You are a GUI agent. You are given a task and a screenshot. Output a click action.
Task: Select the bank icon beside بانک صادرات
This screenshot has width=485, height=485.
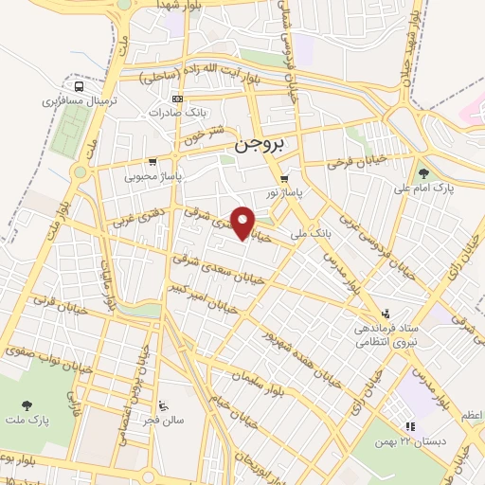[176, 98]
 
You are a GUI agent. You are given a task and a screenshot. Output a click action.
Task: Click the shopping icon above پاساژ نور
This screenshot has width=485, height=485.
[282, 178]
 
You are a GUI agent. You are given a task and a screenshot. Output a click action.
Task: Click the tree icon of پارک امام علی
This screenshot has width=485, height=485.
[422, 172]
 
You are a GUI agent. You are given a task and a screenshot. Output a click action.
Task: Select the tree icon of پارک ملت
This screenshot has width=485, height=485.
[26, 404]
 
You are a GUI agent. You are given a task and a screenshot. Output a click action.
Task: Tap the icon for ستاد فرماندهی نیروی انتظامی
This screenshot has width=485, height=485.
[385, 314]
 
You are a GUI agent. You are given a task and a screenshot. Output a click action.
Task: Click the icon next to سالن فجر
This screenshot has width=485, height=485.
[166, 402]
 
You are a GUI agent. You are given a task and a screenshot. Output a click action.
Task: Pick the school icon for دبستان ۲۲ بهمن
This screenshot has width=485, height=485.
[410, 427]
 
